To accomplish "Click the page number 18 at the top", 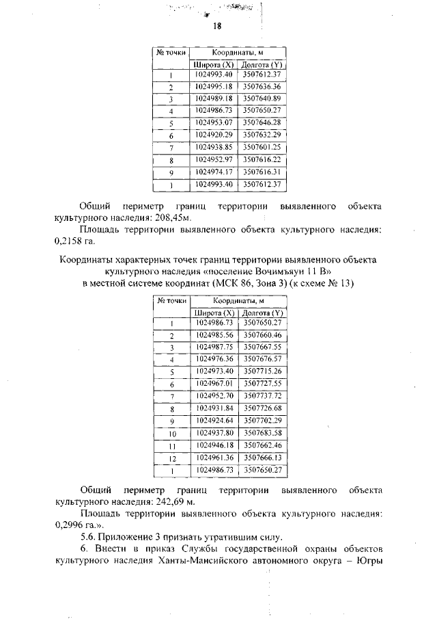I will coord(217,27).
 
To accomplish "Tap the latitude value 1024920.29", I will coord(214,135).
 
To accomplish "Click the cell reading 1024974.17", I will coord(214,172).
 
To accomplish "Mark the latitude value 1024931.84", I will coord(214,408).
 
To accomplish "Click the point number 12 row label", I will coord(173,458).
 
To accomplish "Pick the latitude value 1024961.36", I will coord(214,458).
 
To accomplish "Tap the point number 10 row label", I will coord(173,434).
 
